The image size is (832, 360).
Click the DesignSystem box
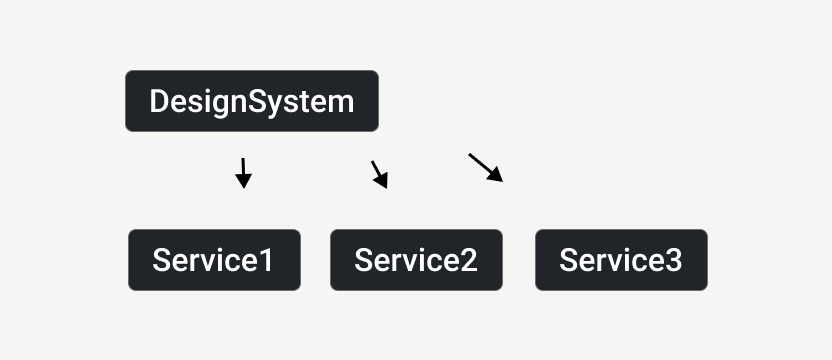tap(252, 101)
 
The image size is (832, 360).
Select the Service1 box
tap(214, 260)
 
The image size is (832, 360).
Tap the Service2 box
tap(417, 260)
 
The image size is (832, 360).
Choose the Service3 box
tap(621, 260)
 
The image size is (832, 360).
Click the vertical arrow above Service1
tap(243, 173)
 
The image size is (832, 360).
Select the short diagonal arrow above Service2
tap(379, 175)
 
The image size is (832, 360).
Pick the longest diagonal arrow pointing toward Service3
tap(486, 168)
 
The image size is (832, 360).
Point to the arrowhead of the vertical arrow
tap(244, 181)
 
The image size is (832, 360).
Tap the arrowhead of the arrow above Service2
tap(382, 181)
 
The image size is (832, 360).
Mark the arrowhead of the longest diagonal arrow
tap(496, 175)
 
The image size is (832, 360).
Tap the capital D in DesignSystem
tap(159, 101)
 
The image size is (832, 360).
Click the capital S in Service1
tap(161, 260)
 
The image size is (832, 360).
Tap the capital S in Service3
tap(568, 260)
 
